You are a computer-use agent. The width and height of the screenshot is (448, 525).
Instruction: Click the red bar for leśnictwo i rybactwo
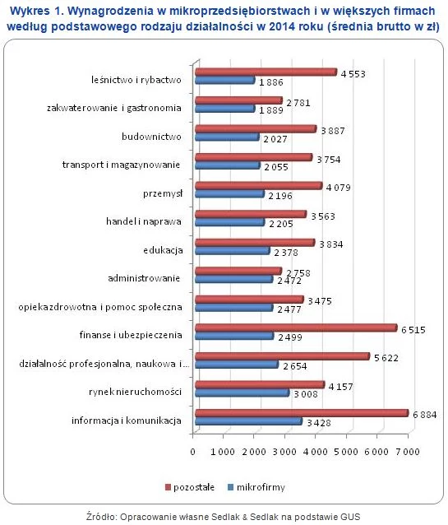click(x=266, y=72)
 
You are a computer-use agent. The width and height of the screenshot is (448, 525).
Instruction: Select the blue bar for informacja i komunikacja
click(x=248, y=421)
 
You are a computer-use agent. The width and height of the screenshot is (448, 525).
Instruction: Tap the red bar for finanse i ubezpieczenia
click(x=296, y=328)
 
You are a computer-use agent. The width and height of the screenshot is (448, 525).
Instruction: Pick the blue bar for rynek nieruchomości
click(x=242, y=393)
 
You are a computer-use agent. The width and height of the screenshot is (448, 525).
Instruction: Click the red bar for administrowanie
click(x=238, y=271)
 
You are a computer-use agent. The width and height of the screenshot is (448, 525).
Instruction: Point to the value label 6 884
click(x=425, y=415)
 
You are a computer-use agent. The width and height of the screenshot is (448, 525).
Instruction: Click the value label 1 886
click(x=271, y=82)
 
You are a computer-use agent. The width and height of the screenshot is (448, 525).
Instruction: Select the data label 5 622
click(x=386, y=358)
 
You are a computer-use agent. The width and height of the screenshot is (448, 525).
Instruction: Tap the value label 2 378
click(x=286, y=253)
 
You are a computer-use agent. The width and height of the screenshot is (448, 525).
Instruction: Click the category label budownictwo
click(x=151, y=137)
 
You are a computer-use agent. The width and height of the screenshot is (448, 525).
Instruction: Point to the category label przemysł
click(x=163, y=193)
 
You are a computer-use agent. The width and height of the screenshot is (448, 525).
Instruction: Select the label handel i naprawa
click(x=144, y=221)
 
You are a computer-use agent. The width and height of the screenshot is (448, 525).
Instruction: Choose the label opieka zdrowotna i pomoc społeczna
click(x=100, y=307)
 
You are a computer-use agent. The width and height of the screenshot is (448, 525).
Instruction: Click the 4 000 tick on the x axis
click(x=315, y=452)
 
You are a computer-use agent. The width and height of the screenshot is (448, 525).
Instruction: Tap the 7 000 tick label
click(x=408, y=452)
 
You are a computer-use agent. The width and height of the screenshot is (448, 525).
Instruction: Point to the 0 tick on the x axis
click(x=192, y=452)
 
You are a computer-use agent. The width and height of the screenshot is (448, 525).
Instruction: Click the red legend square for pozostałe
click(x=168, y=487)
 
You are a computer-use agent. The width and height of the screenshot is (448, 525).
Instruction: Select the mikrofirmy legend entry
click(x=256, y=487)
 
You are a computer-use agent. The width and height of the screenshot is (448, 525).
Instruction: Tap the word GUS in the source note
click(x=350, y=517)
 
